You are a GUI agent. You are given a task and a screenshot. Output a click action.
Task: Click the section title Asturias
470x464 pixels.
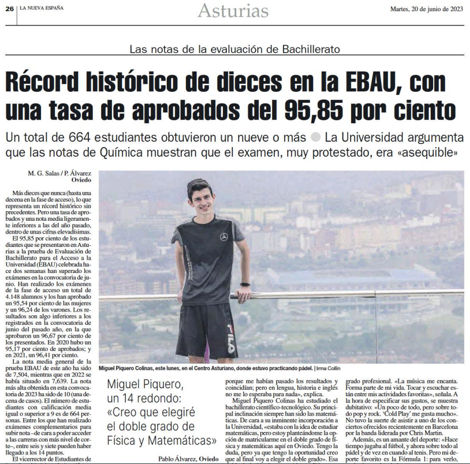click(233, 10)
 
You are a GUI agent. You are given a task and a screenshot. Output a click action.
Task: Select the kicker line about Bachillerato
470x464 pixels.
click(235, 50)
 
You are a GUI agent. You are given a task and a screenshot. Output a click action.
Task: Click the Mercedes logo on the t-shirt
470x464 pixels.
click(224, 236)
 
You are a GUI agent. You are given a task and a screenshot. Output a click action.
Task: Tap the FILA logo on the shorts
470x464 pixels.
click(231, 337)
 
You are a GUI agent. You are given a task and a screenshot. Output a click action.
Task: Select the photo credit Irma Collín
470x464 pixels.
click(329, 368)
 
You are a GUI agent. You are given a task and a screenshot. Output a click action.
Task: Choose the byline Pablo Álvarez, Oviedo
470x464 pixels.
click(188, 458)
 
